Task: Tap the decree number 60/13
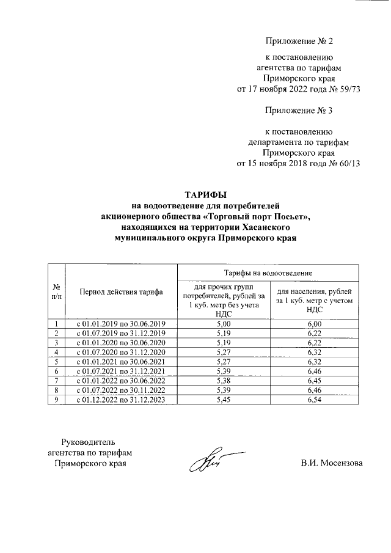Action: pyautogui.click(x=346, y=164)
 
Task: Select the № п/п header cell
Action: pyautogui.click(x=56, y=291)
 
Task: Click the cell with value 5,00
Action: pyautogui.click(x=223, y=323)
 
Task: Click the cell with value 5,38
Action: pyautogui.click(x=223, y=380)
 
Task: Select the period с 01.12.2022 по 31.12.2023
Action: pyautogui.click(x=121, y=400)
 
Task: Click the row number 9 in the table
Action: pyautogui.click(x=56, y=400)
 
